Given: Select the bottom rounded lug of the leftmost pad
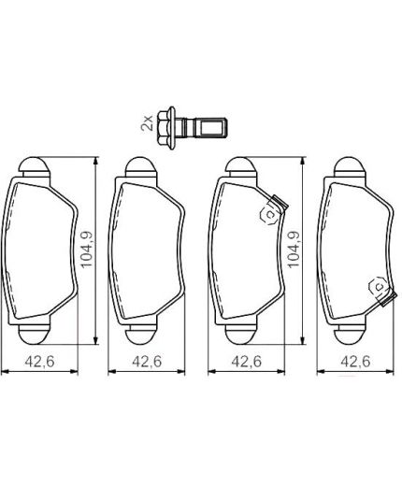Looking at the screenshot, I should [35, 334].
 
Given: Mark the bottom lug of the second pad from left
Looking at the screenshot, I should [139, 334].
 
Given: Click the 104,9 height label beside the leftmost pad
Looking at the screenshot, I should [87, 250].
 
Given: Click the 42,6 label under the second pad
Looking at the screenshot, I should [141, 361].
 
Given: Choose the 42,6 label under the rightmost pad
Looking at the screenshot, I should [350, 361].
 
